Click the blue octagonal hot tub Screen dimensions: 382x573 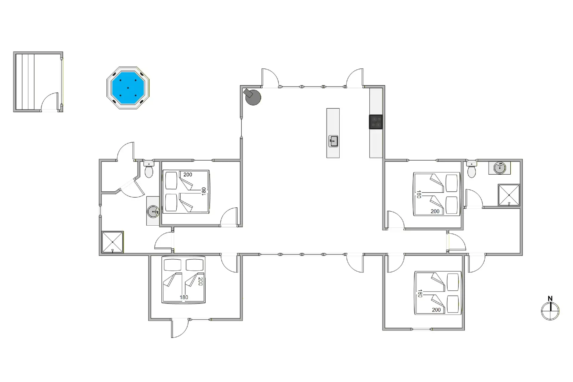coord(128,88)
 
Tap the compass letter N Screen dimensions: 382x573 coord(550,298)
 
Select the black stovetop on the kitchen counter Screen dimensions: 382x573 coord(376,122)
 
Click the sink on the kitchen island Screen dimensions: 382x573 coord(333,141)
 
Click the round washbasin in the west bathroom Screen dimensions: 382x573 coord(153,212)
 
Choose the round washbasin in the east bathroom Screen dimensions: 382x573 coord(500,168)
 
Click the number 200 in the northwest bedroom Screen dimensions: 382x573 coord(188,175)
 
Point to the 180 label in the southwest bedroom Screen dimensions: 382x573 coord(184,297)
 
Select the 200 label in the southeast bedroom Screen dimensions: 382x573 coord(436,310)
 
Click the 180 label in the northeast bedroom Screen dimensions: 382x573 coord(419,194)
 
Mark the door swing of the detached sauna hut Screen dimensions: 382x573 coord(50,102)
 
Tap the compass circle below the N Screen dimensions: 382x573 coord(550,311)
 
